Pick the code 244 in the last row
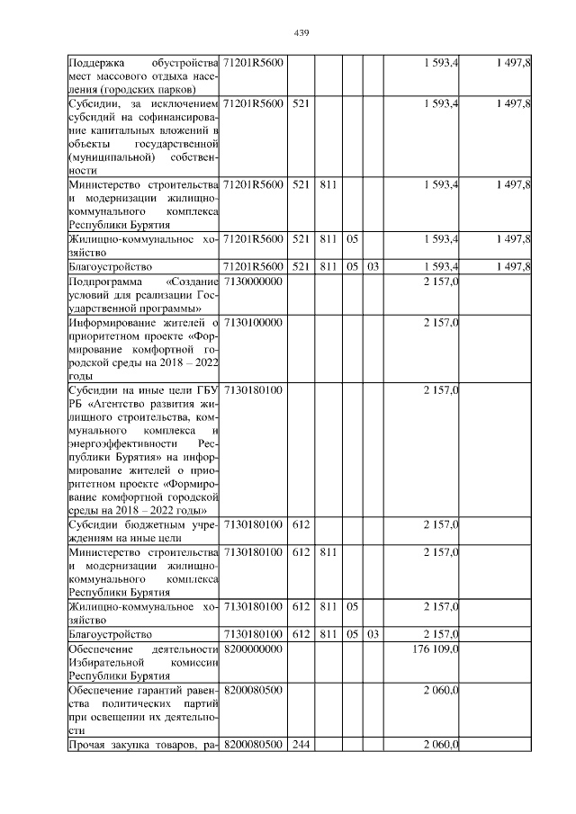coord(301,744)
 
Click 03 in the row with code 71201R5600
coord(373,267)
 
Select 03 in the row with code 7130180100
coord(373,634)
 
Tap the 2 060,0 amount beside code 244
coord(441,744)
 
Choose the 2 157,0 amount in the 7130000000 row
coord(441,282)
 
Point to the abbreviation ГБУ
coord(206,389)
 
